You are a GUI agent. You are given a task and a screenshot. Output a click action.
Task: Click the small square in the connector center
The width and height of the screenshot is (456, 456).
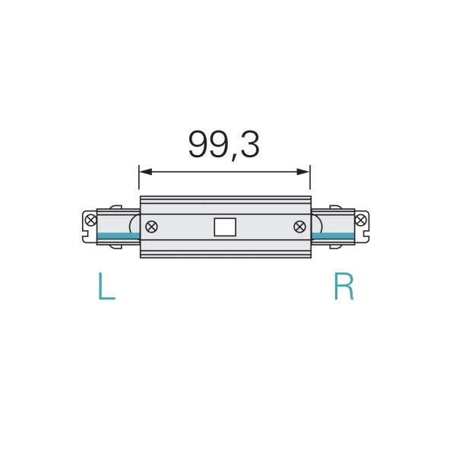[x=225, y=226]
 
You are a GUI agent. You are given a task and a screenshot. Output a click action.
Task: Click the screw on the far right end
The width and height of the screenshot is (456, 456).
[x=359, y=220]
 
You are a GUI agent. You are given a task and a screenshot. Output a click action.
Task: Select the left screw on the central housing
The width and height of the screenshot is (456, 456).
[x=151, y=226]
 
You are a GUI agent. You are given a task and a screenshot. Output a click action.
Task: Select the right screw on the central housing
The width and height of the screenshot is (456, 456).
[x=299, y=226]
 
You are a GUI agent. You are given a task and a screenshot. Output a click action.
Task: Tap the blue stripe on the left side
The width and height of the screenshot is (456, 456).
[x=118, y=236]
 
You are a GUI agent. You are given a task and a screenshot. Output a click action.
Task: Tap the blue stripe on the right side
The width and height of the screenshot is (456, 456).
[x=332, y=236]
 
